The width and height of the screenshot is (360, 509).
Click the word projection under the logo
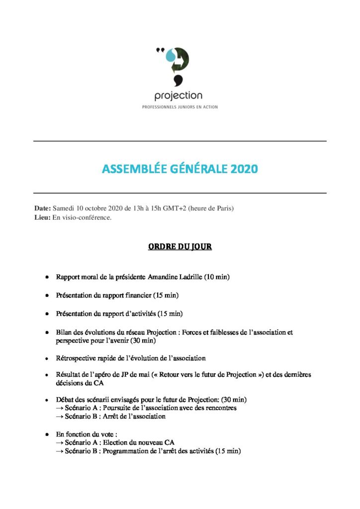[x=179, y=95]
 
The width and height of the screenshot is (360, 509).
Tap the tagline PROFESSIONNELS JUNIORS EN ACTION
[x=180, y=107]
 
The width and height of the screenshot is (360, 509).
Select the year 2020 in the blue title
[x=244, y=169]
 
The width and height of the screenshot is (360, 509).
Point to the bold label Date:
[x=42, y=208]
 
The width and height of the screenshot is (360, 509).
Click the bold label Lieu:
[x=42, y=218]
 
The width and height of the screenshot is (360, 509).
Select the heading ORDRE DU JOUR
[x=180, y=247]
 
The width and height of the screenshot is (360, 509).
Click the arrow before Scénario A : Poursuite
[x=60, y=408]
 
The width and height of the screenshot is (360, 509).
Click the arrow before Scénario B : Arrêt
[x=60, y=417]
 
